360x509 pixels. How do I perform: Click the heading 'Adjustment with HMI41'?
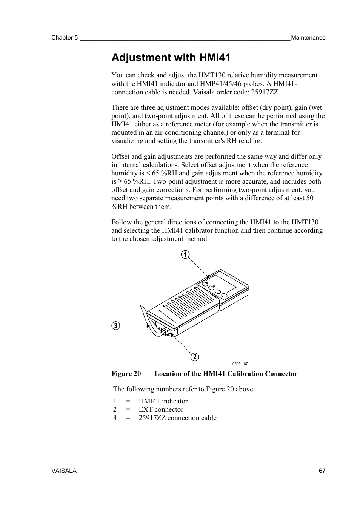[171, 58]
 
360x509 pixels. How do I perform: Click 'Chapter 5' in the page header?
[65, 38]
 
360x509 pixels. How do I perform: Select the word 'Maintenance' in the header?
[308, 38]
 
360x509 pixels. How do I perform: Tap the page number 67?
[322, 471]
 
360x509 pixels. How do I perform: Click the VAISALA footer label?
[64, 471]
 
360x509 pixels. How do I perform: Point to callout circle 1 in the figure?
[185, 255]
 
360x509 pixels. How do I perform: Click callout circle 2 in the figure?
[195, 357]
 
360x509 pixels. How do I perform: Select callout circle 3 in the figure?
[115, 326]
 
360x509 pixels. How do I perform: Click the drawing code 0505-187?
[240, 364]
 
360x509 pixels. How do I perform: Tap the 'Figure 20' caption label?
[126, 374]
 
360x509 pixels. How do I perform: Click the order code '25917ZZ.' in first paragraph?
[266, 92]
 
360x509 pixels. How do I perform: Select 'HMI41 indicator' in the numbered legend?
[163, 401]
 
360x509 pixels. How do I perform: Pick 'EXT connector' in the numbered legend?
[161, 409]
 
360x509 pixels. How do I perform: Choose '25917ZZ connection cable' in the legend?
[177, 418]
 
